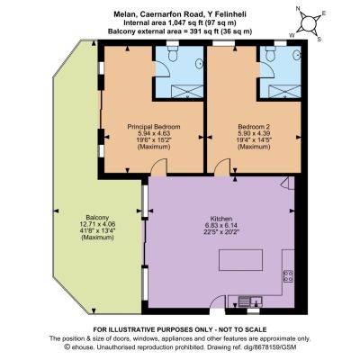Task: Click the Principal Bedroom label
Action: (154, 127)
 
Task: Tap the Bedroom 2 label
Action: (254, 127)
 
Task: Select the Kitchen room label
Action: (221, 219)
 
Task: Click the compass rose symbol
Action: (309, 23)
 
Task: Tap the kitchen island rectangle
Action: (241, 260)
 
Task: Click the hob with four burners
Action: (289, 276)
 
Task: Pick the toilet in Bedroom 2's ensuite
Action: (271, 53)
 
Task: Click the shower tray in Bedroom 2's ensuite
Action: (284, 91)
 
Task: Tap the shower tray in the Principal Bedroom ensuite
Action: (187, 91)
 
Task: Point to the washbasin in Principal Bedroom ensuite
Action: (199, 63)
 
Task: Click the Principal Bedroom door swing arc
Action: (159, 166)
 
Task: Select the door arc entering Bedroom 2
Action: (222, 167)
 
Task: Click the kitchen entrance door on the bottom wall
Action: (217, 302)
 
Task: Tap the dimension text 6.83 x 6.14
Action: (221, 225)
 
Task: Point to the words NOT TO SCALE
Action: (243, 329)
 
